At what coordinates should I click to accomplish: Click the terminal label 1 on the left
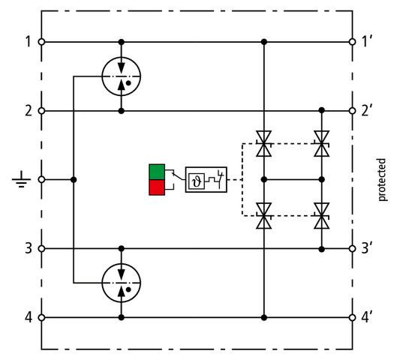(28, 41)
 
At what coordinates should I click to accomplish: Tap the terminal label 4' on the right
(367, 317)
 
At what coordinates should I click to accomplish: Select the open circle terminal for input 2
(41, 111)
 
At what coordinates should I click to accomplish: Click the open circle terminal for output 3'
(352, 248)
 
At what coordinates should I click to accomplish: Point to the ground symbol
(21, 179)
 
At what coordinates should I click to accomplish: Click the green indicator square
(157, 172)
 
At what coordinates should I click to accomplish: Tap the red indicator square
(157, 187)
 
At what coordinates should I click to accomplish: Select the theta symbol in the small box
(197, 181)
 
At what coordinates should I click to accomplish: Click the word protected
(381, 180)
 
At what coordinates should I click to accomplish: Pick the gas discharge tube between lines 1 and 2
(122, 76)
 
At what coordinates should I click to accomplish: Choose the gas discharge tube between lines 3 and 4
(122, 283)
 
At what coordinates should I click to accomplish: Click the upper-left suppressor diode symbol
(264, 143)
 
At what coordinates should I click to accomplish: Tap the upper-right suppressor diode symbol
(322, 143)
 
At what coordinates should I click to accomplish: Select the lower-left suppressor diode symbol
(264, 216)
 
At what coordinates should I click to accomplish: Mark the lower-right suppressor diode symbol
(322, 216)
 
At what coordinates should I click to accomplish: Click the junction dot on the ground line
(74, 180)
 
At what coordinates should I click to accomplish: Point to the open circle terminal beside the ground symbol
(41, 180)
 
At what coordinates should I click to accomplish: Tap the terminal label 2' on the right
(367, 111)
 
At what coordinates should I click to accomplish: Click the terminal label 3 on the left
(28, 248)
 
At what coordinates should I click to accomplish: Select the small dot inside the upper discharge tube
(128, 83)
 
